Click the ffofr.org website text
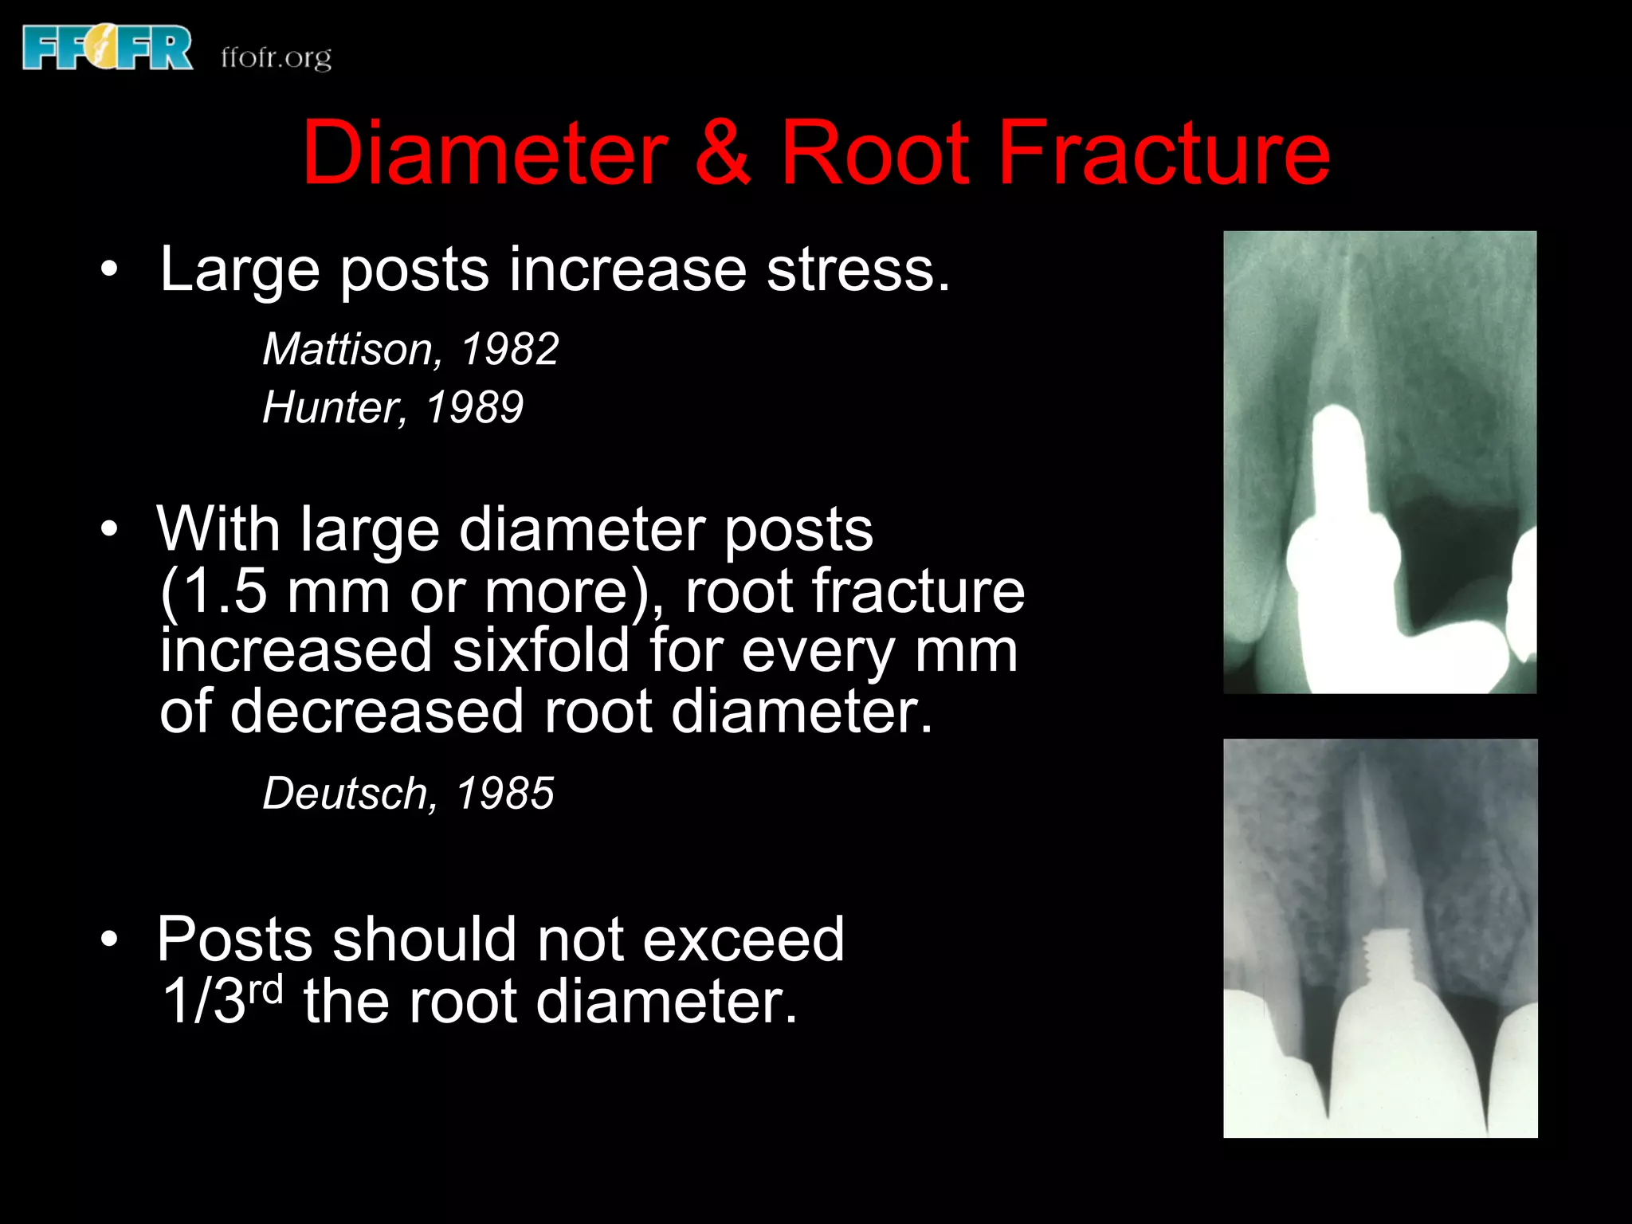click(276, 58)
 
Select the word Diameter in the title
click(484, 152)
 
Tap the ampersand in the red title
click(722, 152)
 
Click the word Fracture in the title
click(1163, 152)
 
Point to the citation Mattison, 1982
click(410, 349)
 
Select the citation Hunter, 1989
click(393, 407)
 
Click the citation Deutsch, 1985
click(408, 794)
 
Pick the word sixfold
click(541, 651)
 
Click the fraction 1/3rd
click(222, 999)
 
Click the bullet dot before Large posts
click(109, 270)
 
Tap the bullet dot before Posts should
click(109, 940)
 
